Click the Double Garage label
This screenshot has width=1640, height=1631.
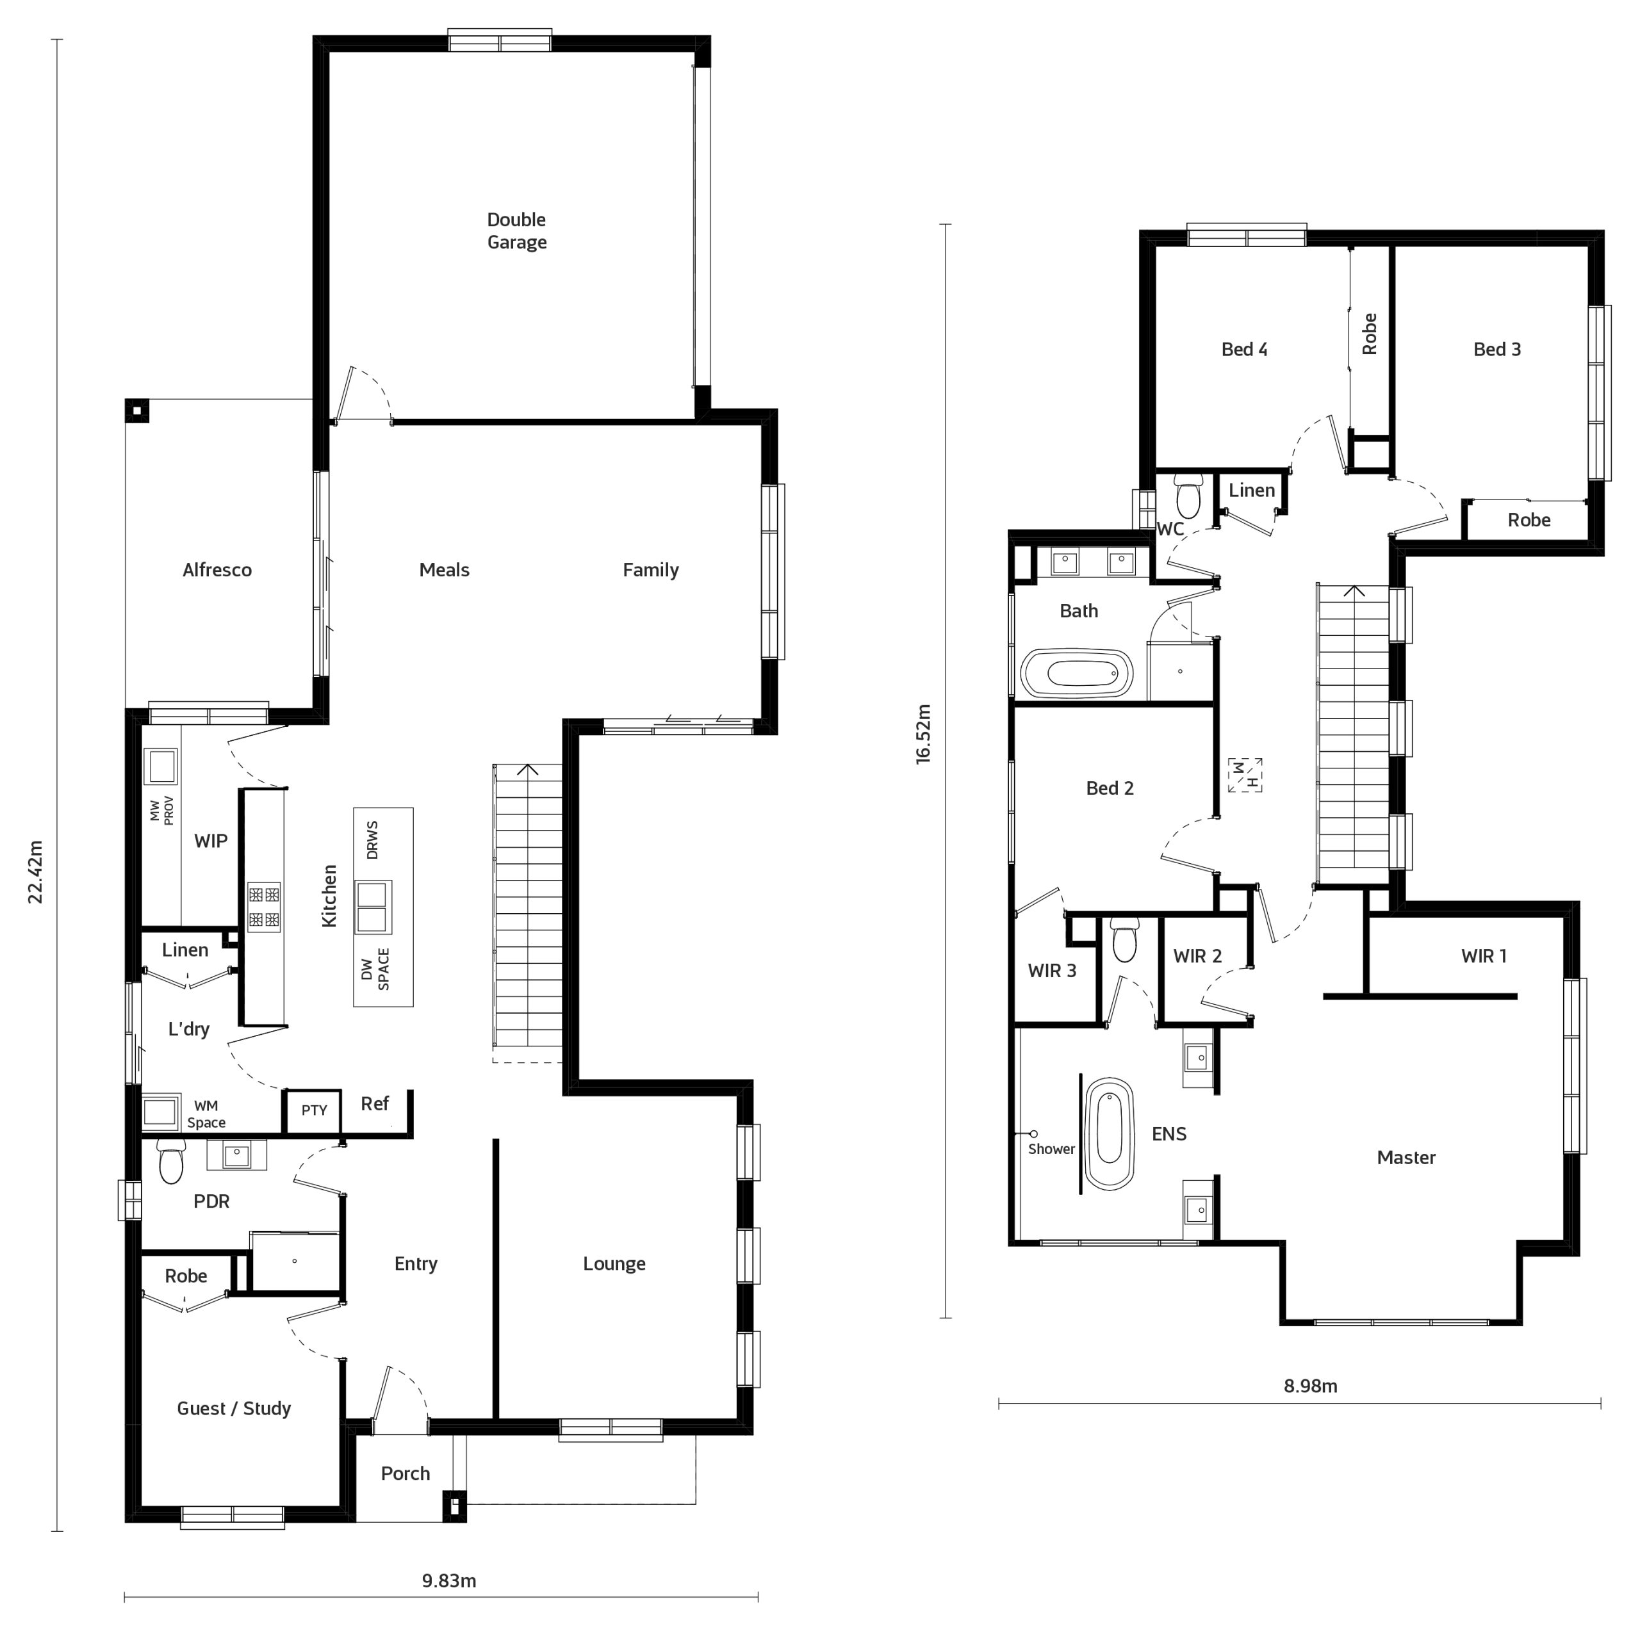[x=516, y=231]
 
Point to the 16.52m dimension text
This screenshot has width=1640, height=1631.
[x=924, y=734]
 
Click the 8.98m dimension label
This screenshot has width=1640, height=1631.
[x=1310, y=1386]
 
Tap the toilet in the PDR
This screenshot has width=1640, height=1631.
[x=170, y=1161]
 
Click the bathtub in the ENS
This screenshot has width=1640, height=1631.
[x=1110, y=1133]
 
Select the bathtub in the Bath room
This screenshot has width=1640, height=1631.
[x=1076, y=674]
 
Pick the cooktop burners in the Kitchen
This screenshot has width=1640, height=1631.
[x=264, y=906]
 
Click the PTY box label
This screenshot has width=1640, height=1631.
[x=314, y=1110]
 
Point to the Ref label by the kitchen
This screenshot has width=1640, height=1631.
[x=374, y=1103]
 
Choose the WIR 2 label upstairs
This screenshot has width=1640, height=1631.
[x=1197, y=955]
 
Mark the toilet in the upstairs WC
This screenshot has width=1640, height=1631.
[x=1188, y=496]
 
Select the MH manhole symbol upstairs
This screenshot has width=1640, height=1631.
[x=1245, y=775]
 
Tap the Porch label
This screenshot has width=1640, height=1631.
[x=405, y=1473]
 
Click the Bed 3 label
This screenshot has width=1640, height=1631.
[x=1496, y=349]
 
